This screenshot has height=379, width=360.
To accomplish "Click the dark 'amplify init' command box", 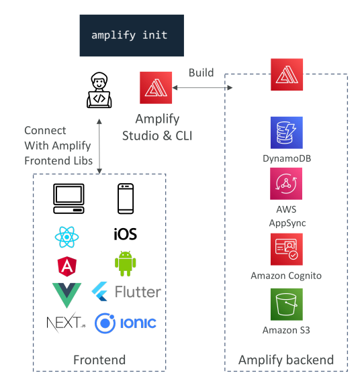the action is [x=132, y=36].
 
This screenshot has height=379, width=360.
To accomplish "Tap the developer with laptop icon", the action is [x=99, y=90].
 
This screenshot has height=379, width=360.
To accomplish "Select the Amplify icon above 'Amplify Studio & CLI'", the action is [x=156, y=88].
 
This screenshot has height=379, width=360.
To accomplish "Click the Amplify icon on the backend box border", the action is [x=287, y=74].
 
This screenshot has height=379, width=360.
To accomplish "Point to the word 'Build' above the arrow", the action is [x=201, y=72].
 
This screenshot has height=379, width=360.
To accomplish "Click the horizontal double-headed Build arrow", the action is [x=202, y=87].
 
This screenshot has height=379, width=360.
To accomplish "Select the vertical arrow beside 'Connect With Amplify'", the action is [x=99, y=146].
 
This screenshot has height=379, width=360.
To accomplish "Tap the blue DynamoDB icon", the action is [x=287, y=133].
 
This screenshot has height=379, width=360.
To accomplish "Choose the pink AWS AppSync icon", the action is [x=286, y=184].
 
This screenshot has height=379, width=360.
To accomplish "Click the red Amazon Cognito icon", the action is [x=287, y=250].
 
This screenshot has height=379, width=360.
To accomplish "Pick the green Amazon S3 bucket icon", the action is [x=287, y=305].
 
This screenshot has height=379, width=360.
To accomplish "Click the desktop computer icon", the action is [x=69, y=199].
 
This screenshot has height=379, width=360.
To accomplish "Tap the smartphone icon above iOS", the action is [x=126, y=199].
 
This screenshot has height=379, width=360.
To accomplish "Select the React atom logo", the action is [x=66, y=237].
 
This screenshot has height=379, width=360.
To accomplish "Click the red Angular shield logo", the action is [x=67, y=266].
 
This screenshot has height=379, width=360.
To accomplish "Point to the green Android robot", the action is [x=126, y=264].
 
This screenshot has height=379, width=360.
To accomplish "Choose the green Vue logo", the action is [x=66, y=295].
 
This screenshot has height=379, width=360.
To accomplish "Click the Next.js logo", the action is [x=66, y=323].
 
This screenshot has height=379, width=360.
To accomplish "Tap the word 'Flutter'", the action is [x=138, y=292].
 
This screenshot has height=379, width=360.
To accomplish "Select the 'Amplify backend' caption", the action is [x=286, y=360].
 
